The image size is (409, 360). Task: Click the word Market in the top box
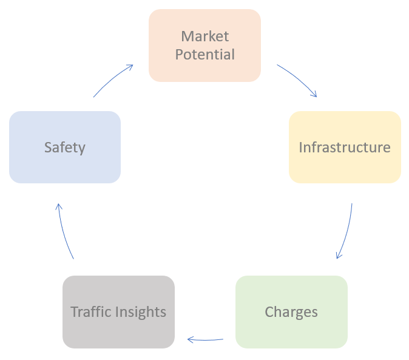click(x=205, y=36)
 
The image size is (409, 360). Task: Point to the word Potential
click(x=205, y=55)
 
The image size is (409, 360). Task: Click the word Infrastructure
click(x=345, y=148)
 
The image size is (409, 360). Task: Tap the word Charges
click(x=291, y=312)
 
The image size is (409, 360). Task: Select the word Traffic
click(x=90, y=312)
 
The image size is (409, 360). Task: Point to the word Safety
click(x=65, y=148)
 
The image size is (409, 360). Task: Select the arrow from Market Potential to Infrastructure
click(x=298, y=78)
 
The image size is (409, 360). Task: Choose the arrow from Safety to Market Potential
click(x=113, y=80)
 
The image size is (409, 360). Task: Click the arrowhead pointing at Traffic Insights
click(x=190, y=339)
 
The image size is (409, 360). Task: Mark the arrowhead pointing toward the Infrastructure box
click(x=314, y=94)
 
